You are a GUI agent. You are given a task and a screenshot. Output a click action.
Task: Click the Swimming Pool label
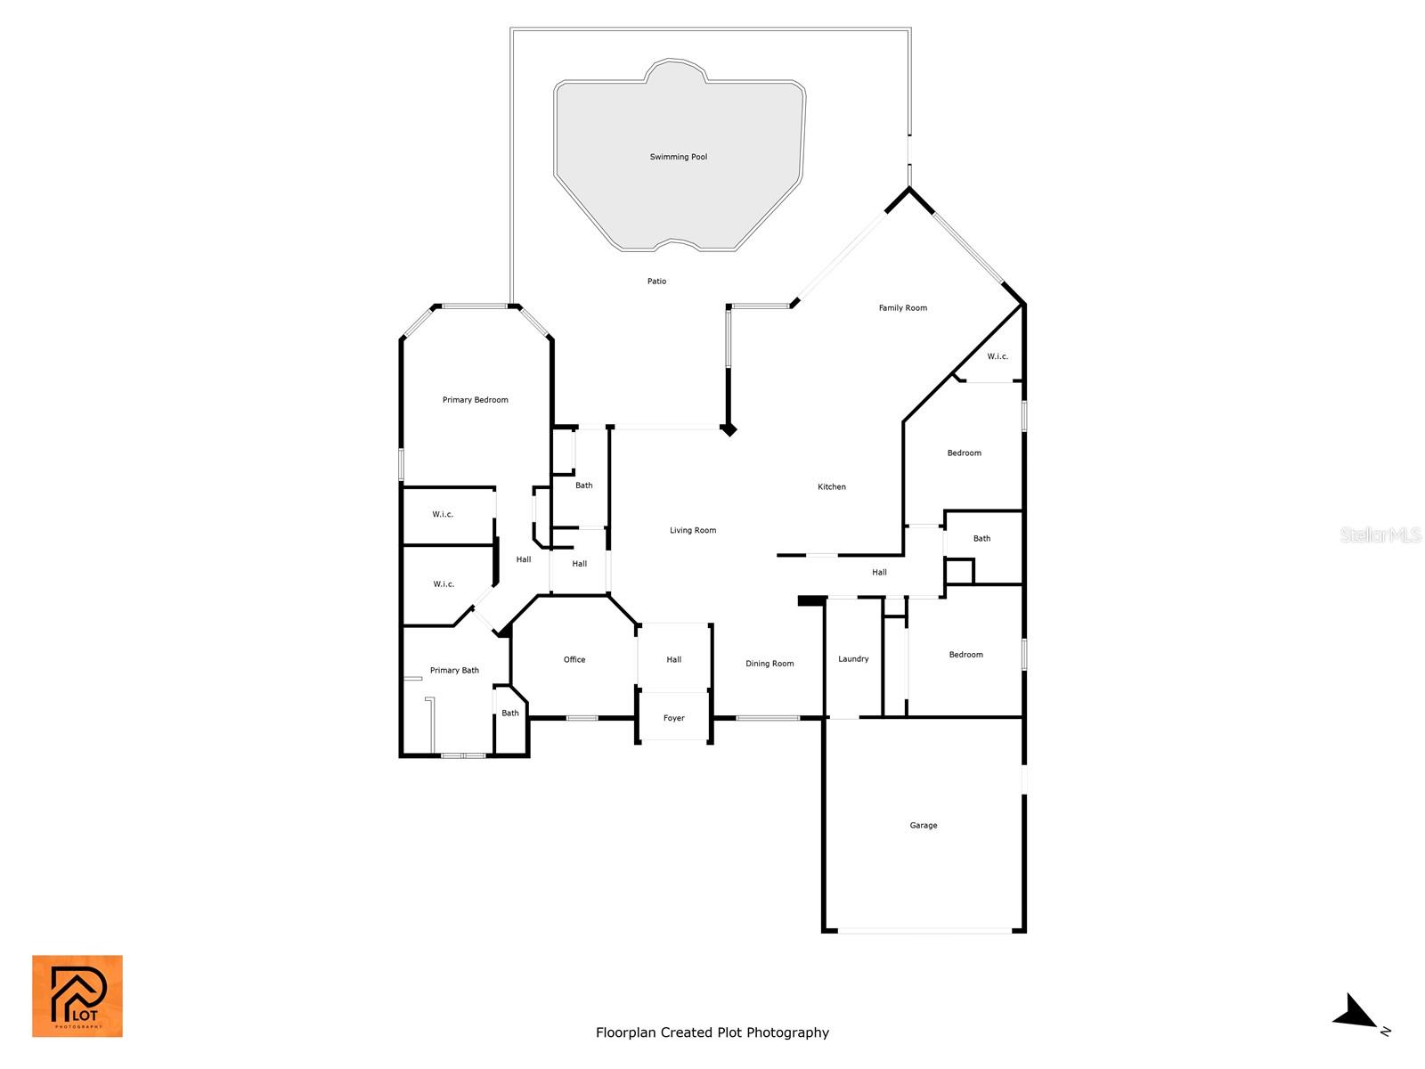click(679, 157)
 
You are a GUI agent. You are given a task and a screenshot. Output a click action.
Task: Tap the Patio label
click(656, 281)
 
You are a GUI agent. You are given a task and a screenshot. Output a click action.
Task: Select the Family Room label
click(902, 307)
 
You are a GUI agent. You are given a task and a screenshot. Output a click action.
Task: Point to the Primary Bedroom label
click(476, 400)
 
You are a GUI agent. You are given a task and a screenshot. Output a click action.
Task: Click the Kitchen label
click(832, 486)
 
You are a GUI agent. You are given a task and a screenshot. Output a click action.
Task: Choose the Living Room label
click(693, 530)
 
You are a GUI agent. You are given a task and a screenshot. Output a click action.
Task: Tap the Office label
click(574, 659)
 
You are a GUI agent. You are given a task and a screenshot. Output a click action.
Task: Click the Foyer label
click(674, 718)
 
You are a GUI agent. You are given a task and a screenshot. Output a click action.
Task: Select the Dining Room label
click(769, 664)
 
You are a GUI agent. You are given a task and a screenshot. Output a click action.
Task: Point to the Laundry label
click(853, 659)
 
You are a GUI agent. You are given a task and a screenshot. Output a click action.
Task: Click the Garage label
click(924, 826)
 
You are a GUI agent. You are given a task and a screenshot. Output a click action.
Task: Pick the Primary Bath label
click(454, 671)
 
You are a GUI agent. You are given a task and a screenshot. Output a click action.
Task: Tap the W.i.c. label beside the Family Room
click(997, 356)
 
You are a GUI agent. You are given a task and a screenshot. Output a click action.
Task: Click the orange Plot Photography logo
click(77, 996)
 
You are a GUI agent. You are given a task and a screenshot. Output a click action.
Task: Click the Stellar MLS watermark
click(1380, 534)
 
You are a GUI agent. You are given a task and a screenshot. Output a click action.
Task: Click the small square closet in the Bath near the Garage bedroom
click(959, 571)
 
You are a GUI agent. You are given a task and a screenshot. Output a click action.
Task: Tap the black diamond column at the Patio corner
click(729, 429)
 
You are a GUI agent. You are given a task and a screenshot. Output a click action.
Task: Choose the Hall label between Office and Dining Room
click(674, 659)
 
